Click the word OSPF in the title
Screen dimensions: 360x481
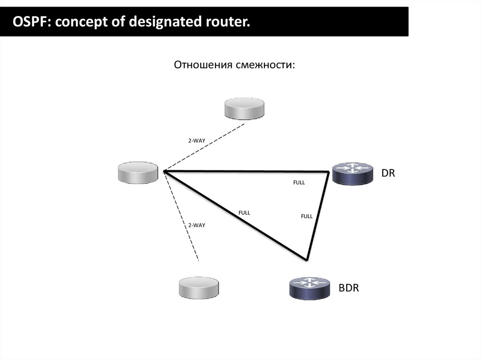point(29,21)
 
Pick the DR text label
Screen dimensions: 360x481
point(388,173)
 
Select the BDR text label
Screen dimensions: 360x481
point(349,288)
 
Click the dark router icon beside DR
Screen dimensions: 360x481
point(351,173)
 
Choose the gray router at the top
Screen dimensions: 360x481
point(244,108)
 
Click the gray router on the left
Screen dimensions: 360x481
point(138,172)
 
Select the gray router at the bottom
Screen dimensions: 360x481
point(199,287)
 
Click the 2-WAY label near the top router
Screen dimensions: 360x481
point(196,140)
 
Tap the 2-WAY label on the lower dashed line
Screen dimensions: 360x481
point(196,225)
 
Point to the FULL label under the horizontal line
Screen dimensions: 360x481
point(299,183)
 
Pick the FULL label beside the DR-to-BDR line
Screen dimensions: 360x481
point(306,216)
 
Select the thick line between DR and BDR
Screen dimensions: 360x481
point(318,216)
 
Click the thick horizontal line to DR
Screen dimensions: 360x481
point(244,171)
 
